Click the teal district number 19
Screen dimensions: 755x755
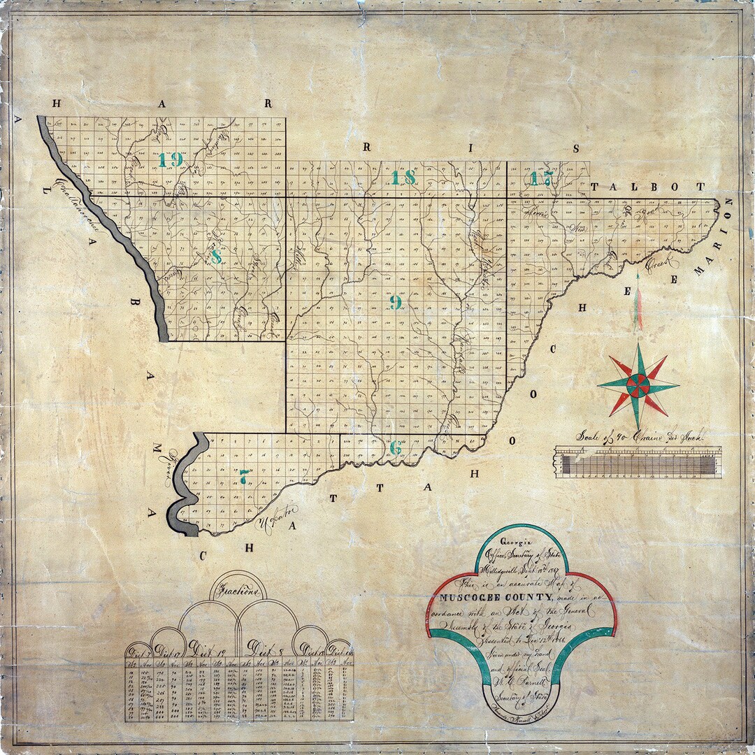tap(170, 159)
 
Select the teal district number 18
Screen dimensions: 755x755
tap(403, 178)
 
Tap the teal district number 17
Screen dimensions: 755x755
tap(540, 178)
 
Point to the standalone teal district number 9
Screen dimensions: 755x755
tap(396, 302)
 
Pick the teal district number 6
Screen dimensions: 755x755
tap(396, 448)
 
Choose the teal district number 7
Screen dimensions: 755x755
tap(244, 477)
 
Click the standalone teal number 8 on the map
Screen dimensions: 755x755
tap(216, 256)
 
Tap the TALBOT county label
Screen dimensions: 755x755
tap(648, 187)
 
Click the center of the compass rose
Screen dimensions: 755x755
tap(638, 385)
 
